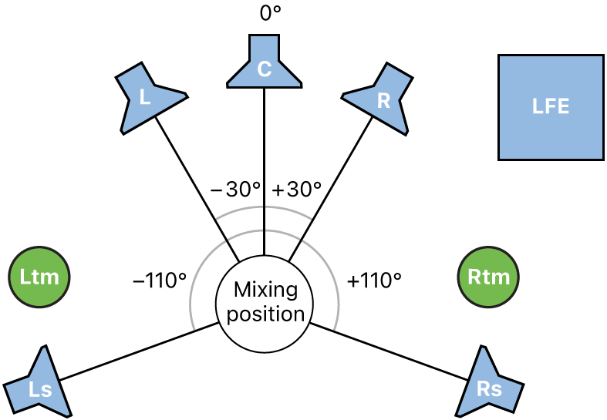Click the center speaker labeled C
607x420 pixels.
264,66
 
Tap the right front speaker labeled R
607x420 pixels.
382,97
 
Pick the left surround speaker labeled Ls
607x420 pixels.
39,385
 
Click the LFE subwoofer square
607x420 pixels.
551,107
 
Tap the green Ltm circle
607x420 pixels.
39,277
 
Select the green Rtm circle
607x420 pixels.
488,277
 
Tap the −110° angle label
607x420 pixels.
160,281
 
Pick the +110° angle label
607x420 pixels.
375,281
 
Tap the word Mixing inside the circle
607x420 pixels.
264,291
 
